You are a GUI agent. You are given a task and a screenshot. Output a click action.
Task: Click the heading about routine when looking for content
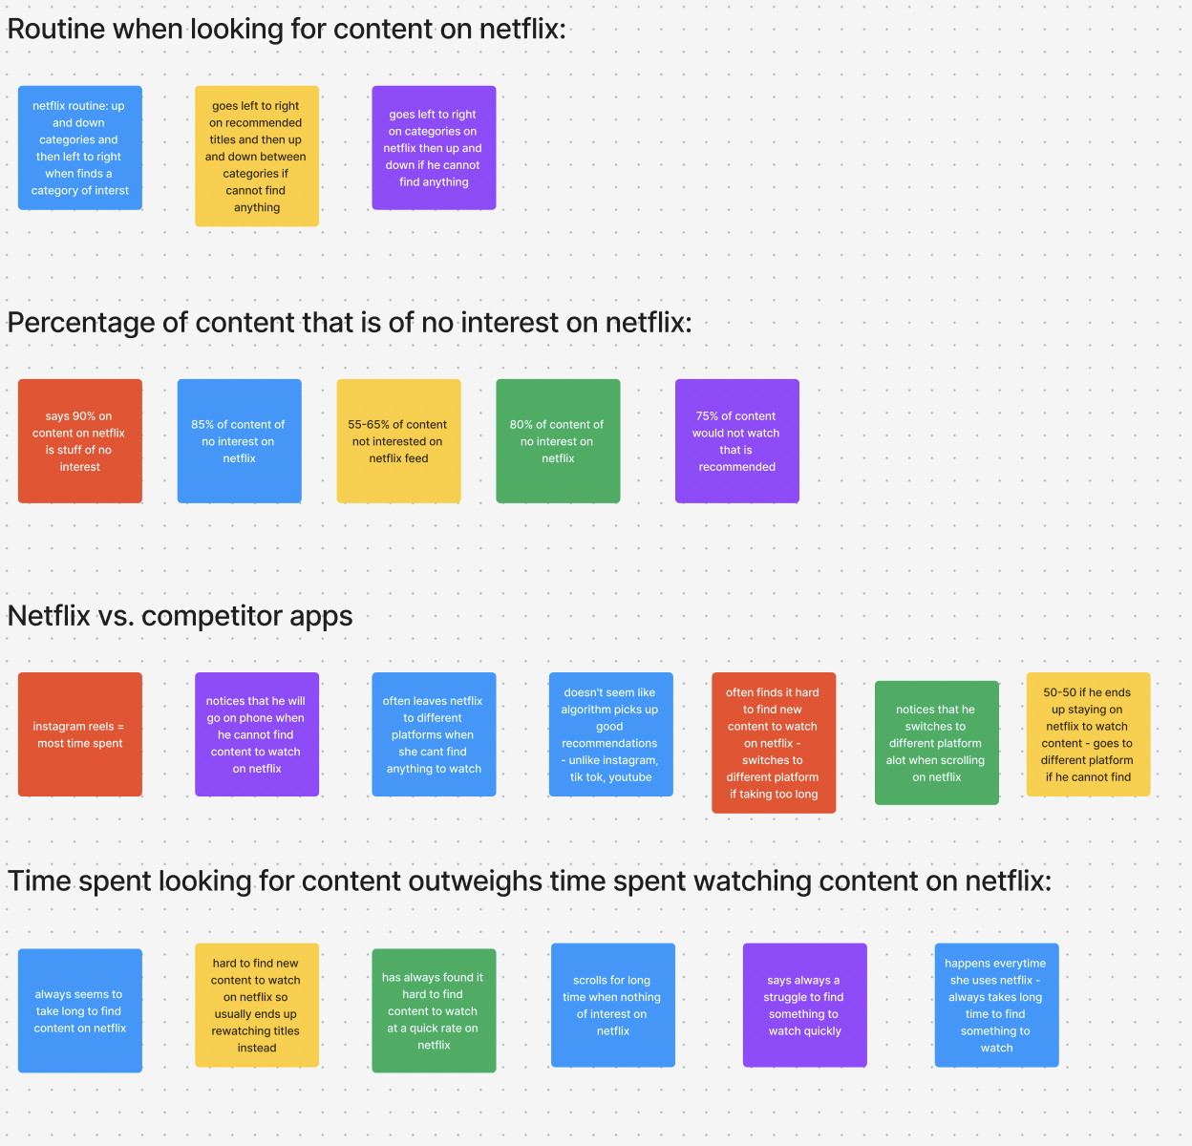[287, 29]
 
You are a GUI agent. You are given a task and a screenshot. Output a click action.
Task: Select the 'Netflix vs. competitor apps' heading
[180, 616]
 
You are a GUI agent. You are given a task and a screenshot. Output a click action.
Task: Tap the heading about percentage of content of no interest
[349, 323]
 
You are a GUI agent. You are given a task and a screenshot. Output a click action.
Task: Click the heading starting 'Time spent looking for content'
[529, 881]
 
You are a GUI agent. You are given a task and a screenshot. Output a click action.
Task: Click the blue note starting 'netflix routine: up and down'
[80, 148]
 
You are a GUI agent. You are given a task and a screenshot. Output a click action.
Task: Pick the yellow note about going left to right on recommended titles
[257, 157]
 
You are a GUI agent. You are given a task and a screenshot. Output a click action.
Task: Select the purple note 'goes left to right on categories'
[434, 148]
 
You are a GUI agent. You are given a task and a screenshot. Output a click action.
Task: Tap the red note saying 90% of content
[80, 441]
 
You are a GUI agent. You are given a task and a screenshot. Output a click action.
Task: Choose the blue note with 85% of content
[239, 441]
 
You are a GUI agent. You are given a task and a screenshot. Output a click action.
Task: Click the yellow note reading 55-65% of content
[398, 441]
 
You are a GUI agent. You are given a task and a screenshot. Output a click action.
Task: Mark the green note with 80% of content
[558, 441]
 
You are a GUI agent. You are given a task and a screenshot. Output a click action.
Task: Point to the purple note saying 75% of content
[736, 441]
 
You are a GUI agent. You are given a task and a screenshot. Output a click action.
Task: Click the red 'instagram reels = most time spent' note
[80, 734]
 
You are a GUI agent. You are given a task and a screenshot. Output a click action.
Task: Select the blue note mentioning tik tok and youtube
[610, 734]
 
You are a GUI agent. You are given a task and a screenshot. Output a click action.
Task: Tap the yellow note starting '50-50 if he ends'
[1088, 734]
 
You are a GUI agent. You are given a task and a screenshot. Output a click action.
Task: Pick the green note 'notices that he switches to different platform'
[936, 743]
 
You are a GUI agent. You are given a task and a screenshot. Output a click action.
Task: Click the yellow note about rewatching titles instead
[257, 1006]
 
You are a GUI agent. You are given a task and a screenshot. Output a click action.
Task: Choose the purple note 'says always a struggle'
[804, 1006]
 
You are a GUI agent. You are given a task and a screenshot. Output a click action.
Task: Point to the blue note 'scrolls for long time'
[612, 1006]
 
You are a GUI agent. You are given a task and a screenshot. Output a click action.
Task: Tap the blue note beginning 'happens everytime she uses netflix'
[996, 1006]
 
